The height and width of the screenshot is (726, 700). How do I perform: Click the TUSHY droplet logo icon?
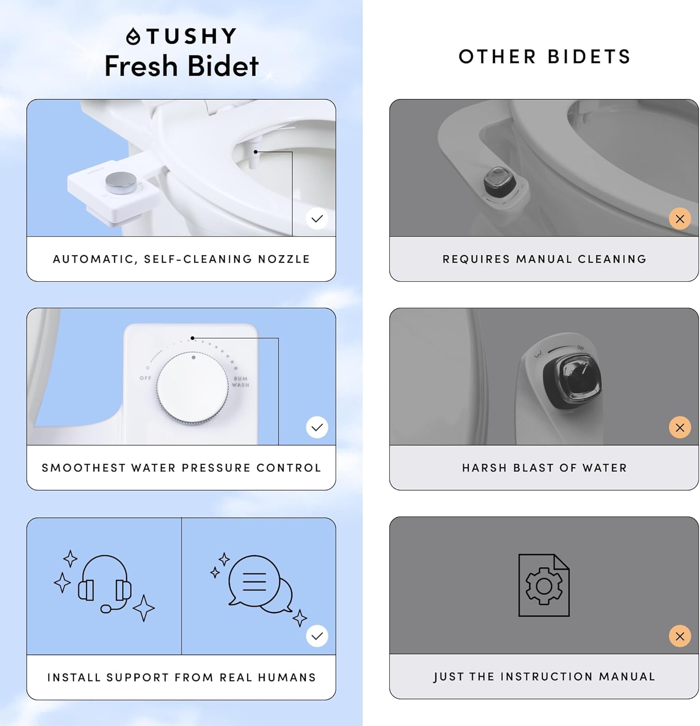(133, 37)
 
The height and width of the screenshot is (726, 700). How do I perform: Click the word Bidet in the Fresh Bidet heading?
(223, 66)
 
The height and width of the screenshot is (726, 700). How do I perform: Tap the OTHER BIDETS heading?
(544, 57)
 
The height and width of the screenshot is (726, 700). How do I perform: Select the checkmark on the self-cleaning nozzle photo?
(317, 219)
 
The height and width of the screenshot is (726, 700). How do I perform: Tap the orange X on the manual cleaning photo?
(680, 219)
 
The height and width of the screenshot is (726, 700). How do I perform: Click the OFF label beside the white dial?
(145, 378)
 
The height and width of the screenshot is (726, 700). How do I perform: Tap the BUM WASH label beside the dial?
(240, 382)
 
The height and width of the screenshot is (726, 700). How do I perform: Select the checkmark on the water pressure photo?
(317, 427)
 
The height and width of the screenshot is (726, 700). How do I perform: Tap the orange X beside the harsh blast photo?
(680, 427)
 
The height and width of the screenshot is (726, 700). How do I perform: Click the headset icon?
(105, 584)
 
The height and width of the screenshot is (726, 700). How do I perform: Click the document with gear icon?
(544, 585)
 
